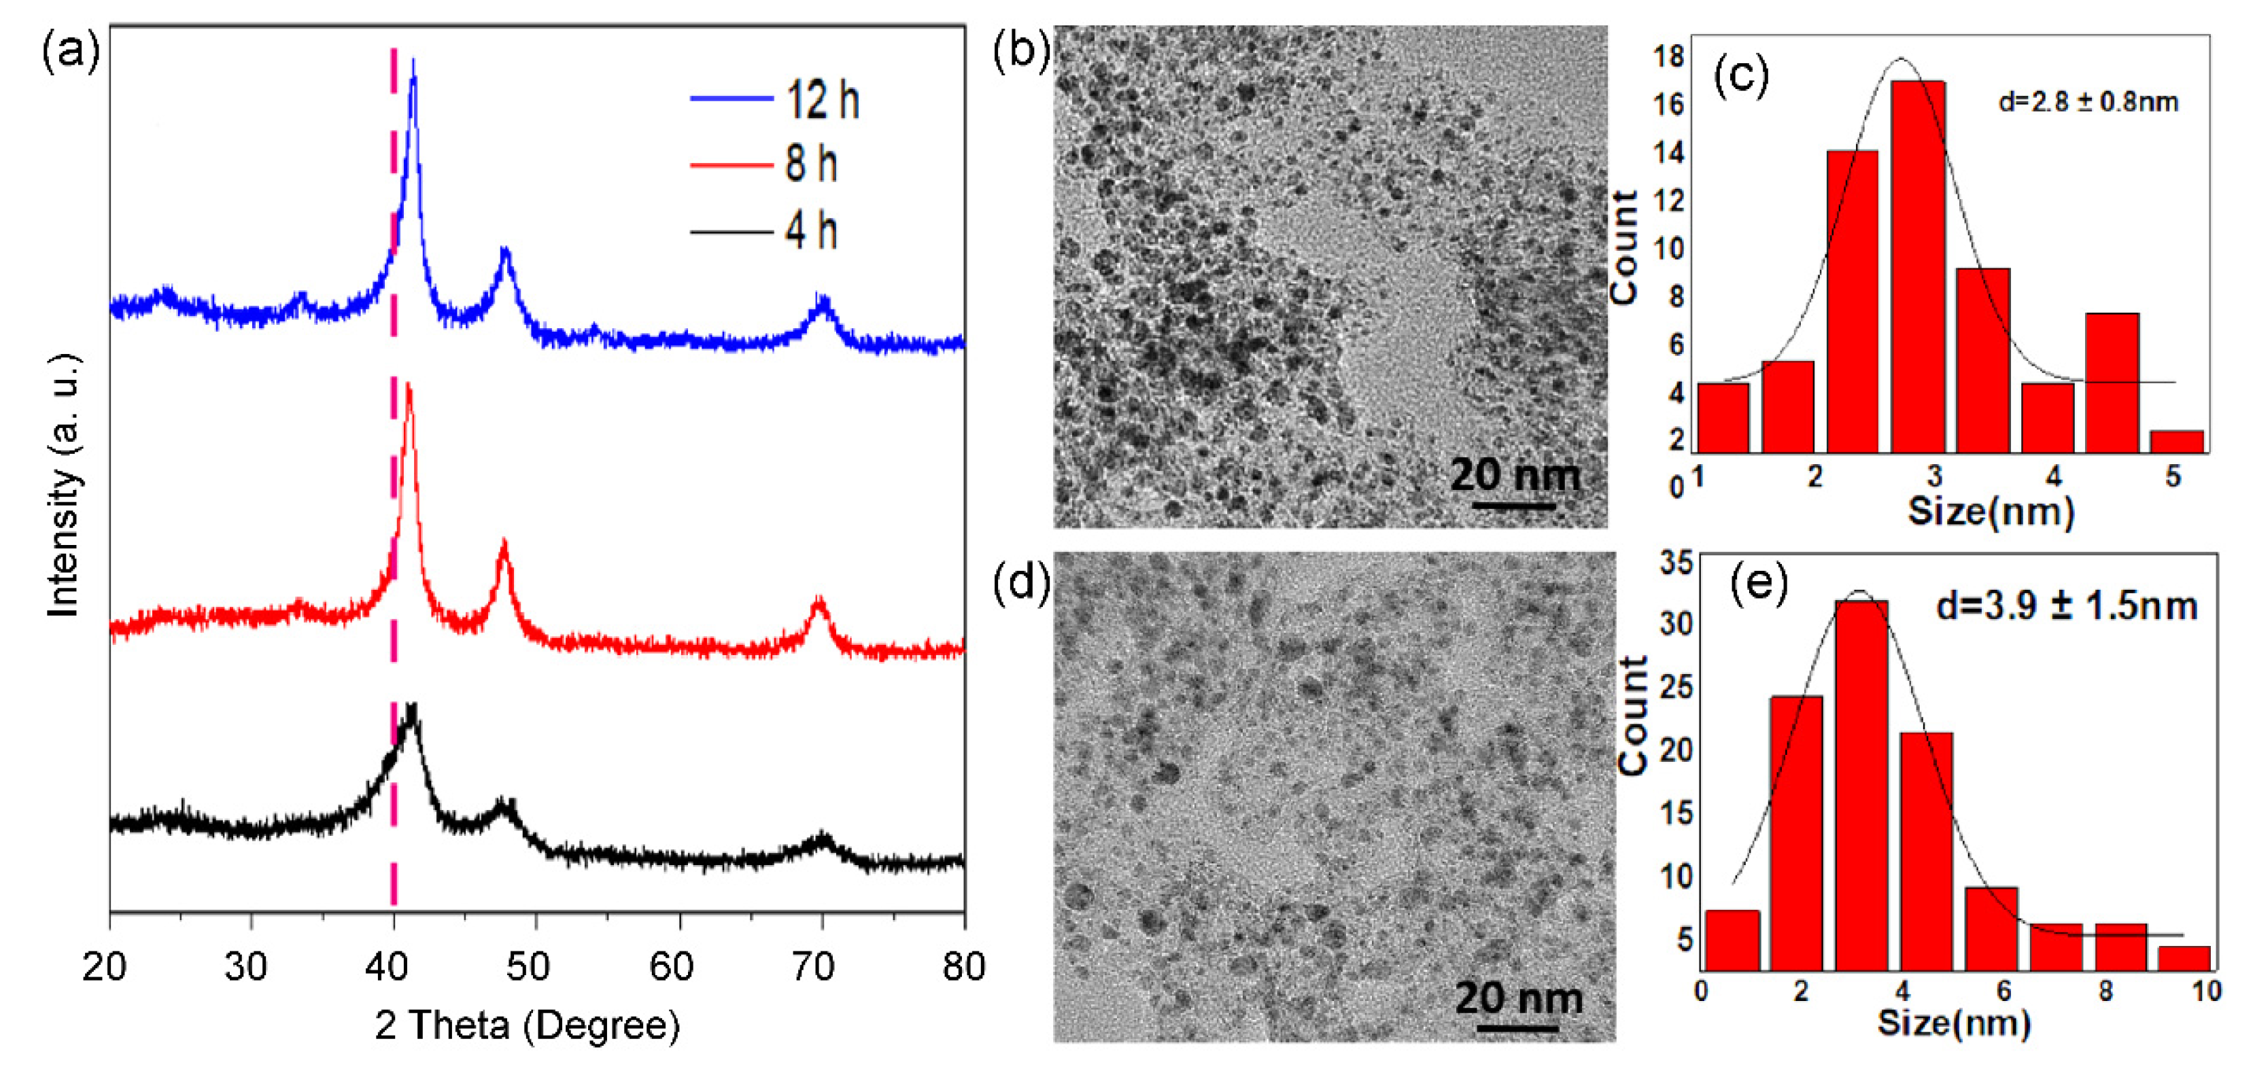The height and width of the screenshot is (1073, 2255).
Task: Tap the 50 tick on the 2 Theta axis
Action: [528, 966]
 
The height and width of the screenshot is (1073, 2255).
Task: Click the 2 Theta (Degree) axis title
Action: [527, 1025]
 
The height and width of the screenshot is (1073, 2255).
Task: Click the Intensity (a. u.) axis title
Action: [63, 486]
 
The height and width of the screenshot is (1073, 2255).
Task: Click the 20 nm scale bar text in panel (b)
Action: [1515, 475]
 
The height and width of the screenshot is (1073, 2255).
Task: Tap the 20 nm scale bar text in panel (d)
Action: [1519, 998]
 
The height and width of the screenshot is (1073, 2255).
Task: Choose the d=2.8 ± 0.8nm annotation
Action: [2088, 103]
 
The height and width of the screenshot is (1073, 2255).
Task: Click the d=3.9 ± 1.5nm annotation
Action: [2066, 605]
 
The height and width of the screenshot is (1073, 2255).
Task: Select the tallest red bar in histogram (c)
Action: [1918, 262]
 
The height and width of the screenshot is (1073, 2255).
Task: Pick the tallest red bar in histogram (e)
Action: [1861, 784]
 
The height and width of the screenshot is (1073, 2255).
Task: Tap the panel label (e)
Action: [1759, 582]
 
